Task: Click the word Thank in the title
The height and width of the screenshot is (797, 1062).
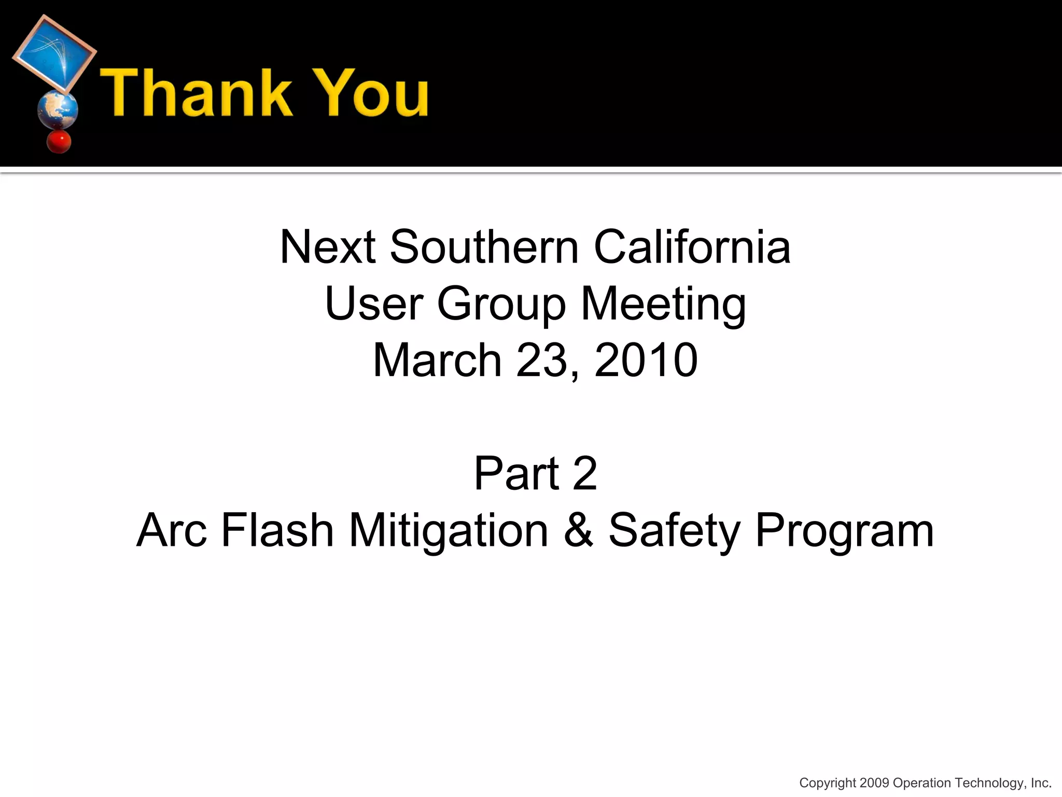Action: pos(196,93)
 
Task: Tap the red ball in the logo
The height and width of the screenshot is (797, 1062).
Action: pos(58,141)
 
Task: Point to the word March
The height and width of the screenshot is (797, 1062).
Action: pos(437,360)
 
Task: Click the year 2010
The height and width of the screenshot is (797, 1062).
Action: pos(646,360)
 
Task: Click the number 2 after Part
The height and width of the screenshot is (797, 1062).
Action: pos(585,473)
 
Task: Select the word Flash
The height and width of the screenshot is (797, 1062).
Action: pos(277,530)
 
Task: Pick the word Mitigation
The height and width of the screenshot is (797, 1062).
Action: pos(449,530)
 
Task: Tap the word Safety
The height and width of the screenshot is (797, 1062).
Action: pos(674,530)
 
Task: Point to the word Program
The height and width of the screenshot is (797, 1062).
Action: pos(844,530)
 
